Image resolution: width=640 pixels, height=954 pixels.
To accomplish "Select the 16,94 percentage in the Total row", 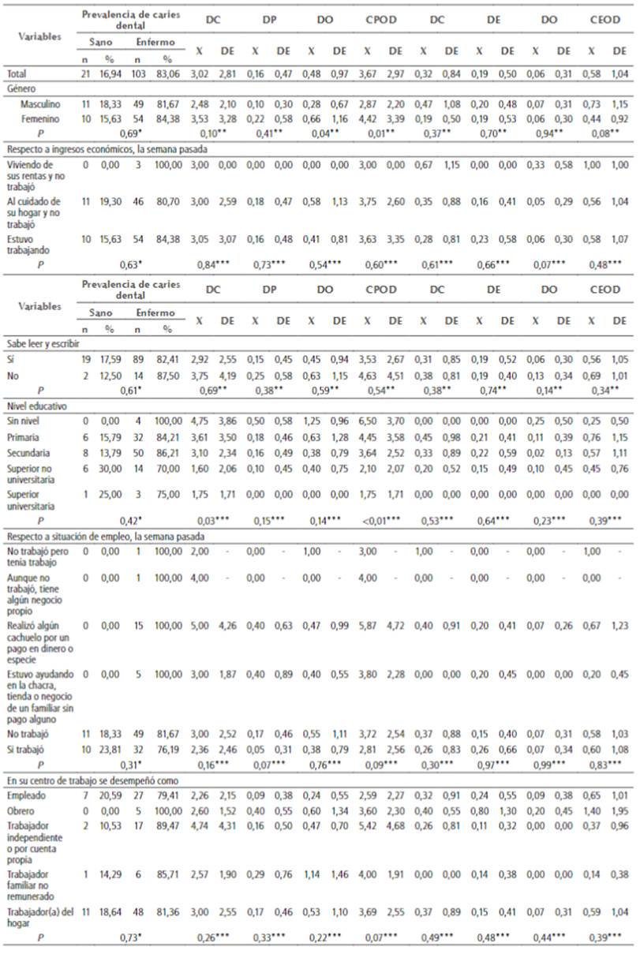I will click(x=108, y=73).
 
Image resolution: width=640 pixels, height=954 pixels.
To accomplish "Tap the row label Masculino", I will click(x=37, y=103).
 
